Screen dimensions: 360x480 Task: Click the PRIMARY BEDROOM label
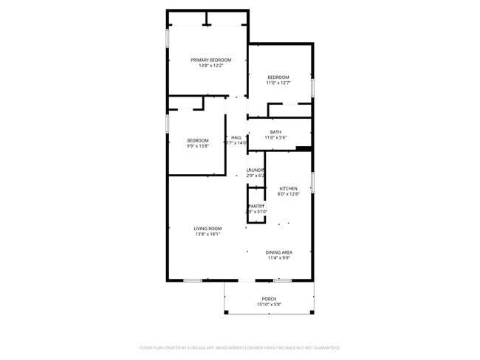pos(210,60)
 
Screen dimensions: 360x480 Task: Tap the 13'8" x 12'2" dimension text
pos(210,66)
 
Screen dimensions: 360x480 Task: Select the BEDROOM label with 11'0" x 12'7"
pos(278,77)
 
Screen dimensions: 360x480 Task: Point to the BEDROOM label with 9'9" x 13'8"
pos(197,140)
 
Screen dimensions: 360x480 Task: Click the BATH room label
pos(275,132)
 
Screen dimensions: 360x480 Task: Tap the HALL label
pos(236,137)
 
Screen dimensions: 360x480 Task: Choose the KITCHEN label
pos(288,188)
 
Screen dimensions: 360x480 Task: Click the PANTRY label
pos(256,206)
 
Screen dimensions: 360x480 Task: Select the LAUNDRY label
pos(256,170)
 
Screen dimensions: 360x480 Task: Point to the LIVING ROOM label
pos(208,229)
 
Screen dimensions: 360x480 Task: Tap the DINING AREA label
pos(279,252)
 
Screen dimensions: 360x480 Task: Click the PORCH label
pos(269,299)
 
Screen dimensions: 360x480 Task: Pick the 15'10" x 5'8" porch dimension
pos(269,304)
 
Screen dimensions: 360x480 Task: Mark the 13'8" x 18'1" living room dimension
pos(208,235)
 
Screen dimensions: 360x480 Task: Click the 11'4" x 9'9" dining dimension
pos(279,258)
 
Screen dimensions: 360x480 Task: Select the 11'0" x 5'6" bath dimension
pos(275,138)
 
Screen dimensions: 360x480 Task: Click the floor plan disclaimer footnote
pos(239,347)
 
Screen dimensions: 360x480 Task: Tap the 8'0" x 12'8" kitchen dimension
pos(288,194)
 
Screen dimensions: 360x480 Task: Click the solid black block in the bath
pos(303,148)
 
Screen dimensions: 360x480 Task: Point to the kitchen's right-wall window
pos(313,181)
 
